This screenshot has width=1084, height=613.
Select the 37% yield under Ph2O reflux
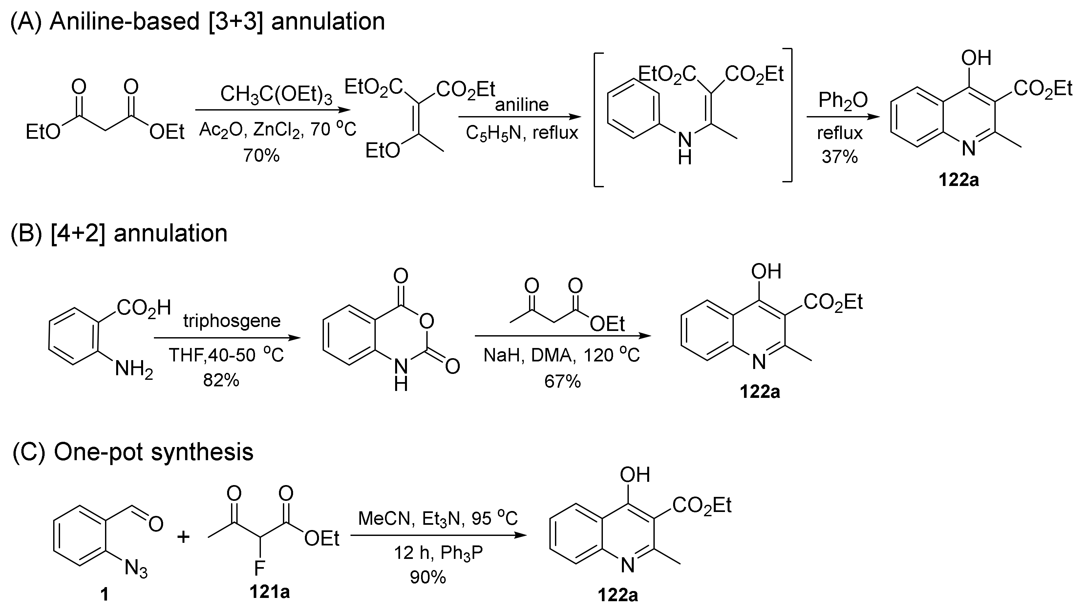pyautogui.click(x=839, y=157)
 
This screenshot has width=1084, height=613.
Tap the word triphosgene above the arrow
pyautogui.click(x=232, y=321)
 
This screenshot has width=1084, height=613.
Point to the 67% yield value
pyautogui.click(x=562, y=381)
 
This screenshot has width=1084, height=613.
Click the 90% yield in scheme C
pyautogui.click(x=428, y=577)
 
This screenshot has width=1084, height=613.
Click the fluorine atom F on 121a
pyautogui.click(x=259, y=569)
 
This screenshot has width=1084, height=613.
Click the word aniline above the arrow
pyautogui.click(x=522, y=104)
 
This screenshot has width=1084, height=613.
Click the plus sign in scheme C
pyautogui.click(x=183, y=537)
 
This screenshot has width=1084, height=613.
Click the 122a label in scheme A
pyautogui.click(x=959, y=180)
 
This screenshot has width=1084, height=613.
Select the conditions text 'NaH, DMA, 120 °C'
pyautogui.click(x=562, y=355)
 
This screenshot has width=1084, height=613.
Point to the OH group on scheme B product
pyautogui.click(x=766, y=271)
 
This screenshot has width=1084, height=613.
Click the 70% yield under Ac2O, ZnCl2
pyautogui.click(x=261, y=156)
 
